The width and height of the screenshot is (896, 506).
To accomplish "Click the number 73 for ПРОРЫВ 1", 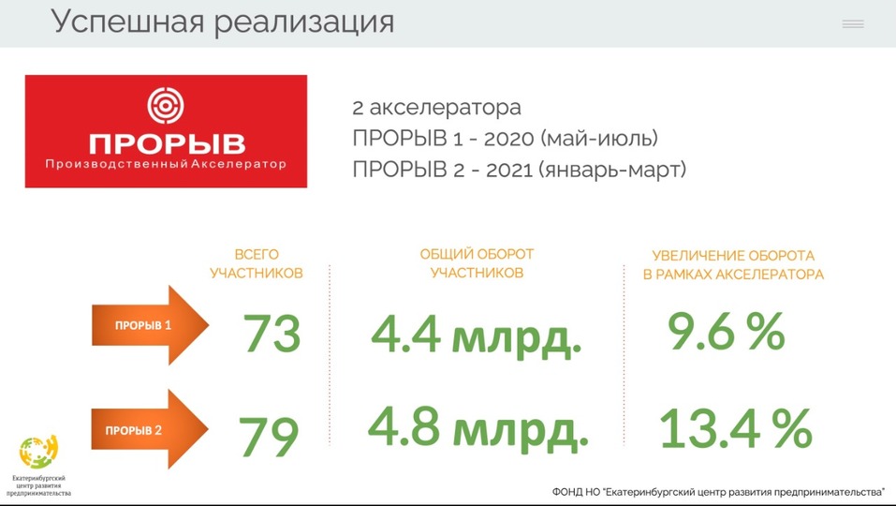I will point(272,334).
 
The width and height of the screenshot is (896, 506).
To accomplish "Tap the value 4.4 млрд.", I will point(476,335).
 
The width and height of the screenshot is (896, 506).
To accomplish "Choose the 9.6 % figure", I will point(727,331).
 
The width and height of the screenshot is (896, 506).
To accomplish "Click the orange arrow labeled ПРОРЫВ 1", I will point(150,325).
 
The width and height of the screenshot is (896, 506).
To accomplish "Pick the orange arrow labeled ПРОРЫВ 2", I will point(150,429).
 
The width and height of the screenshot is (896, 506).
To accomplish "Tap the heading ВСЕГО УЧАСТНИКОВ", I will point(257,264).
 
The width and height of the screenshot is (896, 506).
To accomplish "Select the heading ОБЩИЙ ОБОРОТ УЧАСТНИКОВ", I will point(477,263).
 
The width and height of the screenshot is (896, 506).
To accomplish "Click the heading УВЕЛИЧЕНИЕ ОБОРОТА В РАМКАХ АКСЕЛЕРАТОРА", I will point(733,265).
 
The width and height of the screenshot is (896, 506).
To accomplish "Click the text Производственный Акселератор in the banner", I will point(166,164).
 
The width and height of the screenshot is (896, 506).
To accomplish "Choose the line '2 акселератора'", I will point(436,107).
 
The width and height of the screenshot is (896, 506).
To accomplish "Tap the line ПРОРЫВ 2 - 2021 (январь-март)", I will point(520,170).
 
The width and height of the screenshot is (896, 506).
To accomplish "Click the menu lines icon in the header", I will point(852,24).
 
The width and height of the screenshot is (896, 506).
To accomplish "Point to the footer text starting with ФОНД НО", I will point(718,492).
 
